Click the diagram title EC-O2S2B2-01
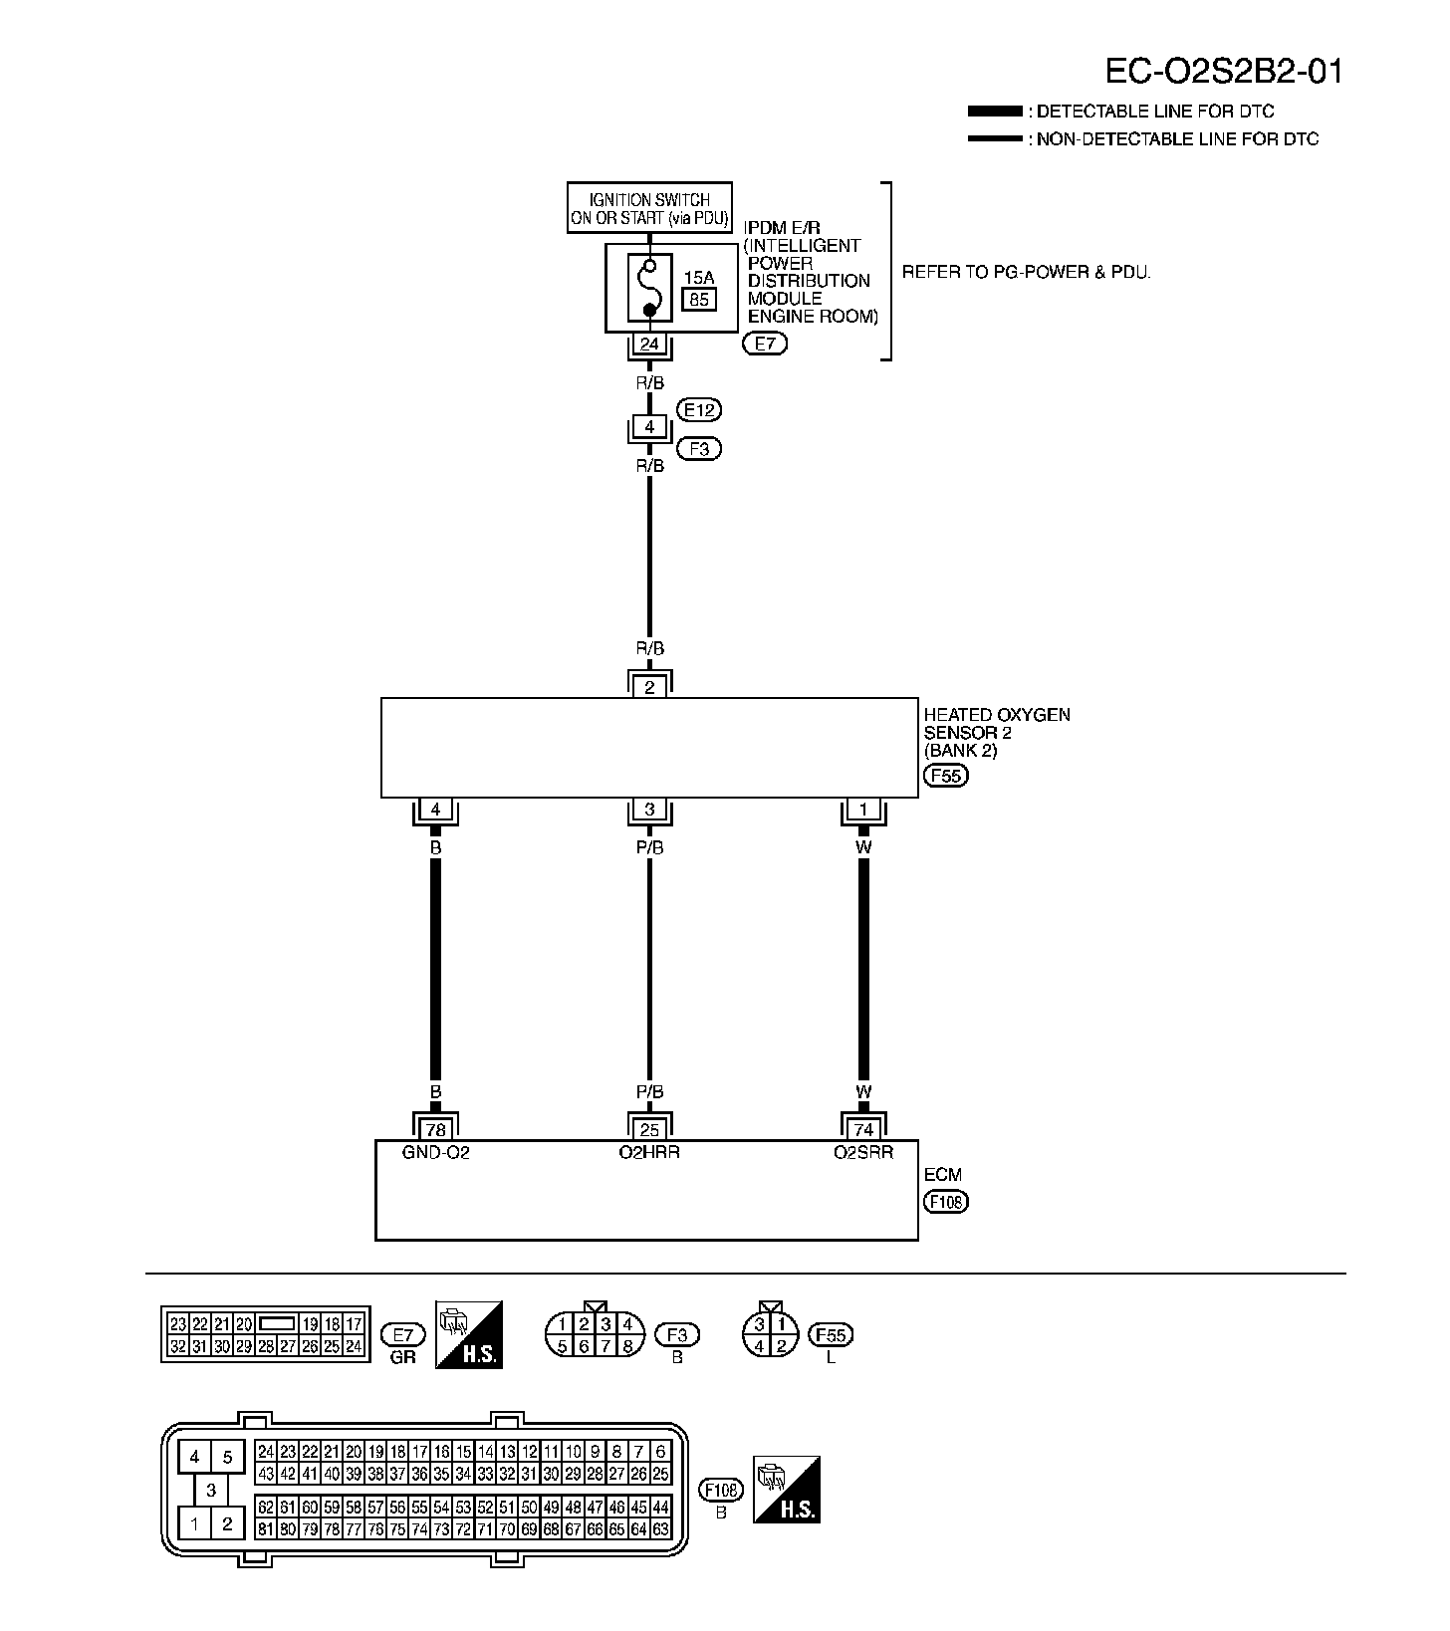coord(1224,71)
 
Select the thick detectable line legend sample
coord(994,112)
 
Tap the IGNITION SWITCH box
coord(649,208)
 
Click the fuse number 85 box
coord(698,299)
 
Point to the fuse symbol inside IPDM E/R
coord(649,288)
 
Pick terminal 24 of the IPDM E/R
coord(649,345)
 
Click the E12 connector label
coord(698,409)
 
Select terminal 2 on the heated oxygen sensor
coord(649,687)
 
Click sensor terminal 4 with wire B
coord(435,811)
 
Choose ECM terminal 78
coord(435,1129)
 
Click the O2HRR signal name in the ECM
coord(649,1153)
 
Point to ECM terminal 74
coord(863,1129)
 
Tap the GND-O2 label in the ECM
coord(435,1153)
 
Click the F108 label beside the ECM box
coord(945,1202)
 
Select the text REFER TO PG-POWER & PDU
coord(1026,272)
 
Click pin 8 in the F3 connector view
coord(627,1346)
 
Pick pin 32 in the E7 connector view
coord(178,1346)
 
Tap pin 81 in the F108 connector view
coord(266,1529)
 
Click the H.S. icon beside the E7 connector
coord(469,1334)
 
